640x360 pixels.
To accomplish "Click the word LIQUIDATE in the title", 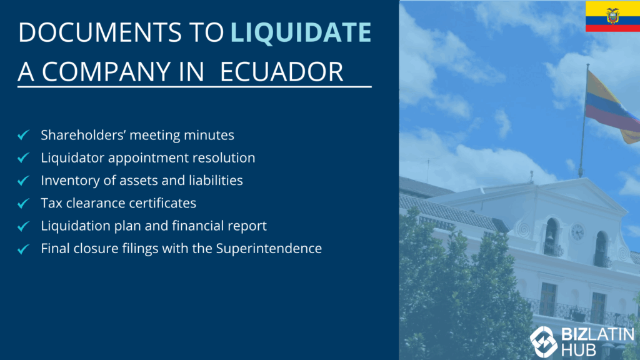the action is click(301, 32).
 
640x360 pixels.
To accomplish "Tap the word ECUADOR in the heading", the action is click(282, 72).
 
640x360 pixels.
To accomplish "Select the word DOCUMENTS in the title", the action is click(100, 32).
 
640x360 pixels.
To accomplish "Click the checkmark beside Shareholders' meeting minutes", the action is click(24, 135).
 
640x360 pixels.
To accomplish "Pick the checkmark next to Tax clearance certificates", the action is click(24, 203).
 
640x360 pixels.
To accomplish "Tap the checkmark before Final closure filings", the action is click(24, 249).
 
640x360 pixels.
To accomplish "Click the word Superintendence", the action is click(269, 249).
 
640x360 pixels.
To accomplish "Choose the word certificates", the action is click(163, 203).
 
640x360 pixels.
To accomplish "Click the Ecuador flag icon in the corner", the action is click(612, 16).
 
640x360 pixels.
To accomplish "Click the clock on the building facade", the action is click(577, 232).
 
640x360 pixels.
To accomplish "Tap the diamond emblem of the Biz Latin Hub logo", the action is click(543, 342).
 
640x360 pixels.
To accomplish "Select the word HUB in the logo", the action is click(578, 350).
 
